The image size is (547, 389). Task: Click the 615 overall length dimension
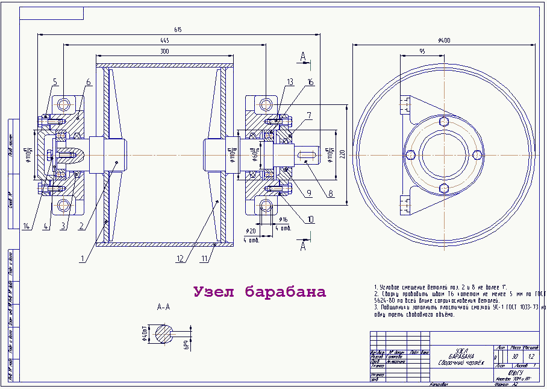(178, 30)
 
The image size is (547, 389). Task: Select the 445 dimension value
(164, 40)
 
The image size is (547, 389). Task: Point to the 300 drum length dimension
(164, 52)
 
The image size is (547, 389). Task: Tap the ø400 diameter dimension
(444, 40)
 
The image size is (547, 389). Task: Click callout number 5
(54, 81)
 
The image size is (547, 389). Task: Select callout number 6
(88, 82)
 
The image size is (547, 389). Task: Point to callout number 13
(290, 81)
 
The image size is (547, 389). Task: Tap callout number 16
(311, 81)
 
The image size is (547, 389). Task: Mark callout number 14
(26, 227)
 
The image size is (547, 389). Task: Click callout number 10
(310, 220)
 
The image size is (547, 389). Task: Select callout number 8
(330, 194)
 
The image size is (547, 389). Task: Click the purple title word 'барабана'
(286, 293)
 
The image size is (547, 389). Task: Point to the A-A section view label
(163, 307)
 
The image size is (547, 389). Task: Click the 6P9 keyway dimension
(187, 344)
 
